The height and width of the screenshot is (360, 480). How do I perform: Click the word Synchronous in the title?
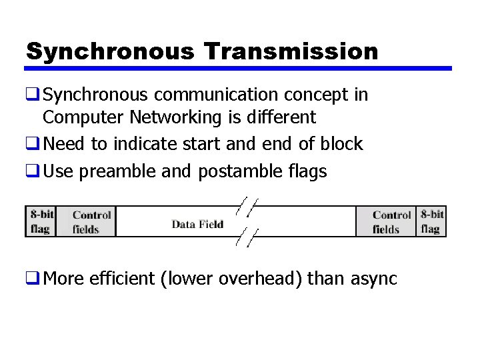coord(109,51)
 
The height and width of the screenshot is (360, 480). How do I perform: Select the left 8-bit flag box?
coord(41,221)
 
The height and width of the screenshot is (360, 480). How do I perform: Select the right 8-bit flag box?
coord(431,221)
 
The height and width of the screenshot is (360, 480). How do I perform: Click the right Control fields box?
coord(391,222)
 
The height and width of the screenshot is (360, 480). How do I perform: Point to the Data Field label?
coord(197,224)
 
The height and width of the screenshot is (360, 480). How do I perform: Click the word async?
coord(372,278)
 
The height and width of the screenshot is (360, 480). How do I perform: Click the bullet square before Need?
coord(32,144)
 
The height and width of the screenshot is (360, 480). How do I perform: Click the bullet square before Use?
coord(32,171)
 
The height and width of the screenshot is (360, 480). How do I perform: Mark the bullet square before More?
coord(32,278)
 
